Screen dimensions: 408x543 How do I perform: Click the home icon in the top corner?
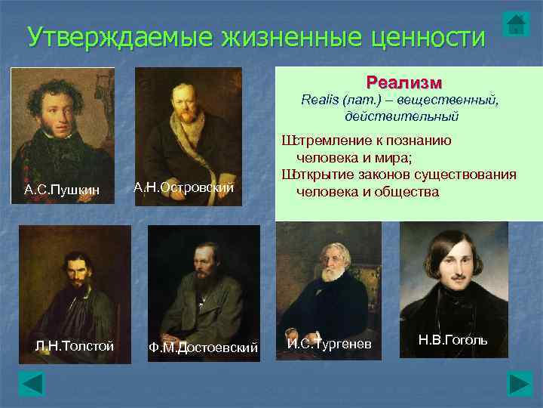coord(515,23)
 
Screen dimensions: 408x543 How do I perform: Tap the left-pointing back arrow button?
coord(32,383)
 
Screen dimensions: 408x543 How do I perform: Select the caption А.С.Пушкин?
coord(62,188)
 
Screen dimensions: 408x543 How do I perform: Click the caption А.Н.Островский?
coord(184,187)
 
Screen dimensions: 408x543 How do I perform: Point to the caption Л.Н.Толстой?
coord(75,346)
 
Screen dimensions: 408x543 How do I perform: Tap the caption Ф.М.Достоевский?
coord(204,348)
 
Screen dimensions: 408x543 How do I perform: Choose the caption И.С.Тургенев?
coord(330,344)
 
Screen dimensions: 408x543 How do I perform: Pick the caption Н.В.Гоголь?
coord(452,340)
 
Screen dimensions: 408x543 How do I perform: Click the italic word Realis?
coord(320,100)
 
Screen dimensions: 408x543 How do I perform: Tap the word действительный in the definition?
coord(400,116)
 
